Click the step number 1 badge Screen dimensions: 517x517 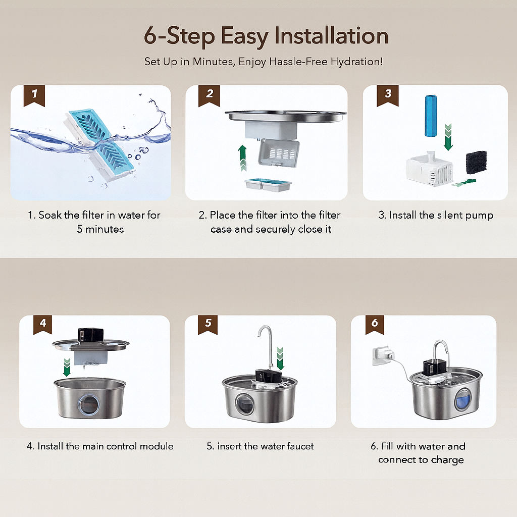(x=34, y=95)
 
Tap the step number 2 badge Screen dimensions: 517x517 (x=209, y=95)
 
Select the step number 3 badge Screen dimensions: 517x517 (x=387, y=95)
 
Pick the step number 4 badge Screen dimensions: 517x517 (x=43, y=325)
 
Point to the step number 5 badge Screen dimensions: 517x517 (x=208, y=325)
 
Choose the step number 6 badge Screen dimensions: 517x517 (x=375, y=325)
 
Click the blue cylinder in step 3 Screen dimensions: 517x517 (x=431, y=116)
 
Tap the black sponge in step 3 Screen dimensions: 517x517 (x=476, y=163)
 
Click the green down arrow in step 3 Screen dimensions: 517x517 (x=448, y=137)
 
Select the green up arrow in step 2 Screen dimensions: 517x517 (x=243, y=158)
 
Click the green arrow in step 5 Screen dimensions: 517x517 (x=280, y=358)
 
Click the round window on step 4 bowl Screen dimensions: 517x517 (x=88, y=404)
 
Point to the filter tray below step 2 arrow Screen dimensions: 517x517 (x=268, y=185)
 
